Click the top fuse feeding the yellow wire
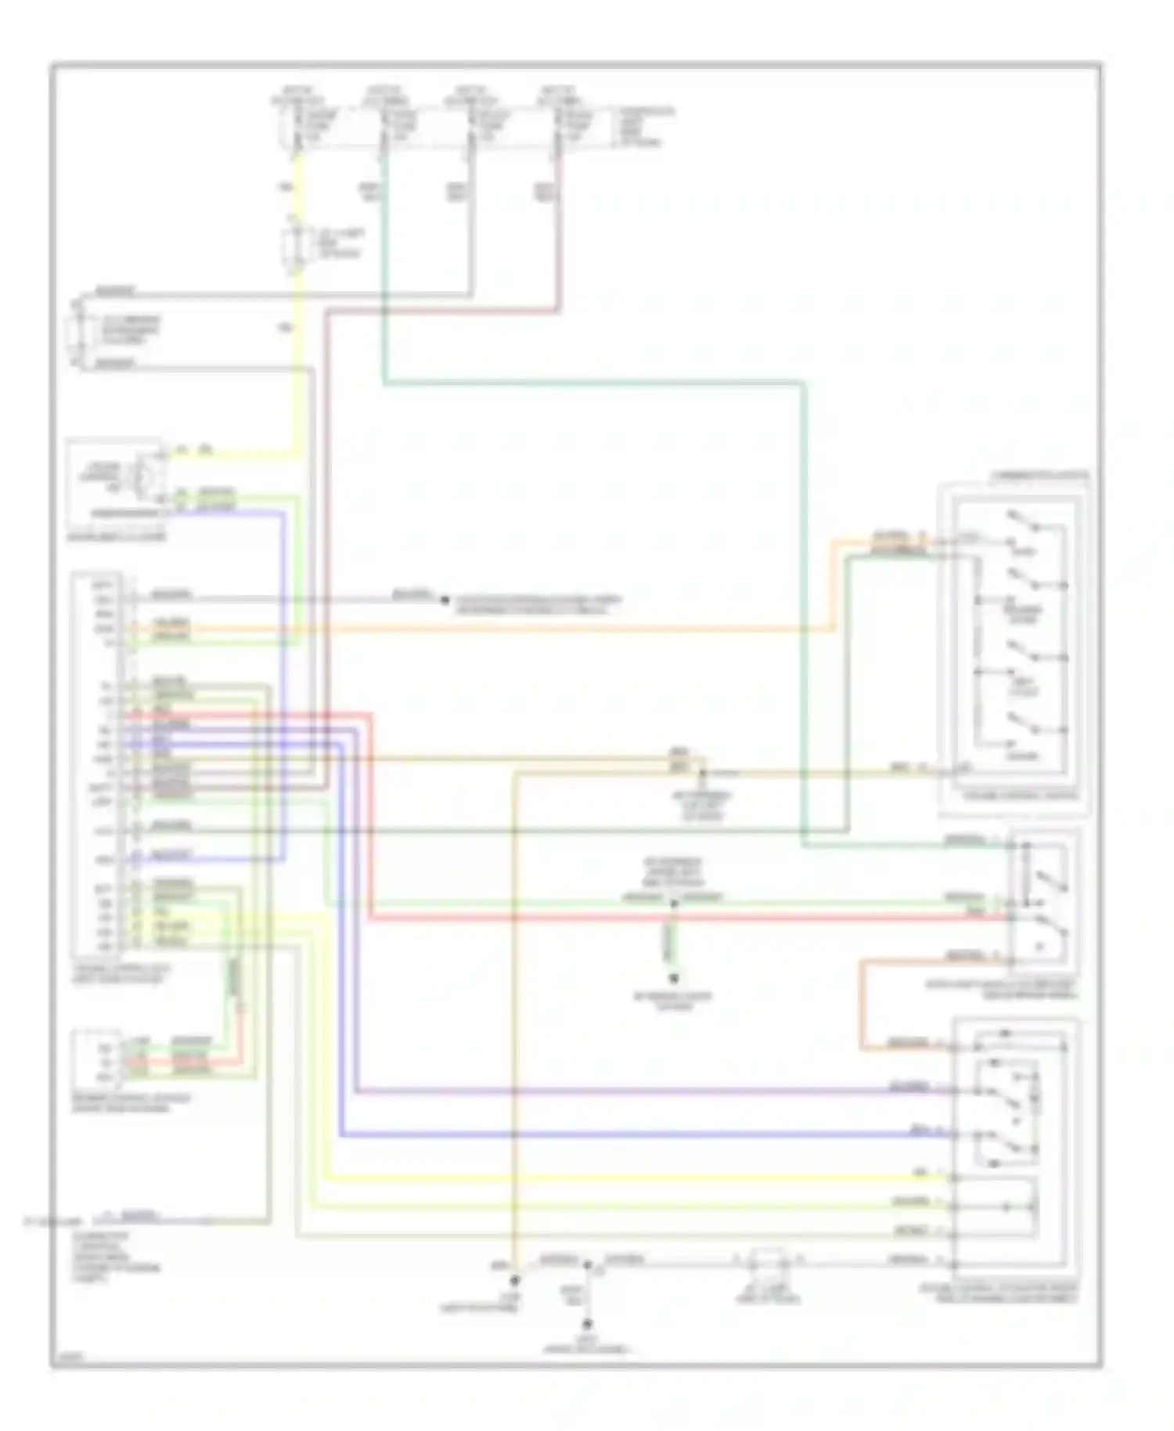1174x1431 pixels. coord(296,126)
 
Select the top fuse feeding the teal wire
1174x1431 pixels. coord(384,126)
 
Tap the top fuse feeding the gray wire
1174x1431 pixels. coord(470,126)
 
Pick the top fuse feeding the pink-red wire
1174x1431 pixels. coord(558,126)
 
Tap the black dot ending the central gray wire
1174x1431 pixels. coord(445,600)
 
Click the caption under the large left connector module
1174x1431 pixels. coord(121,974)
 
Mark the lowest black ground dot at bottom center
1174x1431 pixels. coord(587,1325)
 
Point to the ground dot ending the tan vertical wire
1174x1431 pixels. coord(515,1281)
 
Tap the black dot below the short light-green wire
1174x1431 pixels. coord(673,979)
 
